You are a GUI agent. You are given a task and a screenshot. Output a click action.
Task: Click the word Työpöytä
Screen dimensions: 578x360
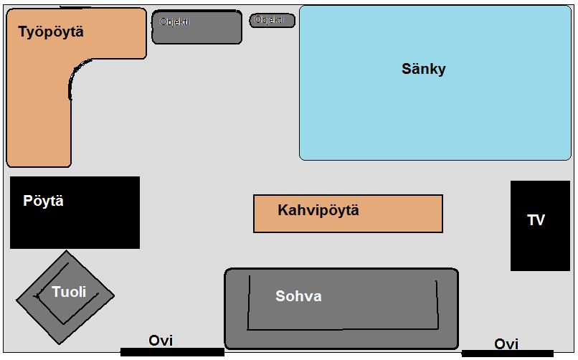pyautogui.click(x=51, y=32)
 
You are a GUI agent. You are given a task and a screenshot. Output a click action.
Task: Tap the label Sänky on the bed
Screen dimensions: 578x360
pyautogui.click(x=424, y=69)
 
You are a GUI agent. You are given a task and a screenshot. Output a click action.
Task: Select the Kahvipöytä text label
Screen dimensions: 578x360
pyautogui.click(x=318, y=210)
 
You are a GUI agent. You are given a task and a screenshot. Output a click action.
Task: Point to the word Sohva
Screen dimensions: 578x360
pyautogui.click(x=298, y=296)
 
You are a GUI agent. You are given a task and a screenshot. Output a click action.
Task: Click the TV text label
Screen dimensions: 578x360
pyautogui.click(x=536, y=220)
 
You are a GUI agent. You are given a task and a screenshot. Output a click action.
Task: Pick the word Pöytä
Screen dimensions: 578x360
pyautogui.click(x=43, y=201)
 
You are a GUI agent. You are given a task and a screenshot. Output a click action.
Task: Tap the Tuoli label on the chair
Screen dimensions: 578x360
pyautogui.click(x=69, y=292)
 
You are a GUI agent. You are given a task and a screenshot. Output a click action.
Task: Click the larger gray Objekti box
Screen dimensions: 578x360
pyautogui.click(x=196, y=27)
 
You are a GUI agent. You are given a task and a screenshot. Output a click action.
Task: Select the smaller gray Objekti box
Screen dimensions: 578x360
pyautogui.click(x=273, y=20)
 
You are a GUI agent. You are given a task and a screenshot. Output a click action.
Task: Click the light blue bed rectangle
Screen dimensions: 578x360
pyautogui.click(x=435, y=83)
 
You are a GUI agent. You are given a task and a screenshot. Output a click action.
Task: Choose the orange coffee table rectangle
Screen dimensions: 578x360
pyautogui.click(x=348, y=214)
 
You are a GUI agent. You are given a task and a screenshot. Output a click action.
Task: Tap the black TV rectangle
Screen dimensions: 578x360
pyautogui.click(x=540, y=226)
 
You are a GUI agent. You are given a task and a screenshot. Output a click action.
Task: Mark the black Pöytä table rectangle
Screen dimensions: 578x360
pyautogui.click(x=75, y=212)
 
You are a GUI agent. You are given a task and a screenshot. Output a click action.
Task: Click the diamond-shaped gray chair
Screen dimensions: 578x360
pyautogui.click(x=65, y=298)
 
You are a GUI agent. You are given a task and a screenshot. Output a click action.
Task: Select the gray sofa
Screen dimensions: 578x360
pyautogui.click(x=342, y=309)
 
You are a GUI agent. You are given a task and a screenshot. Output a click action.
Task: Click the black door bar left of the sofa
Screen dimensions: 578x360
pyautogui.click(x=172, y=352)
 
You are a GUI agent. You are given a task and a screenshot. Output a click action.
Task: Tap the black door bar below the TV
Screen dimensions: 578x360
pyautogui.click(x=508, y=354)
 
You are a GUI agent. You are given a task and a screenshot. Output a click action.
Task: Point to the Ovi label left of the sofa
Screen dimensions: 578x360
pyautogui.click(x=161, y=340)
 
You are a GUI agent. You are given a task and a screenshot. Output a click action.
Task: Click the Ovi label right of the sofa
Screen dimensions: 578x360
pyautogui.click(x=506, y=344)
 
